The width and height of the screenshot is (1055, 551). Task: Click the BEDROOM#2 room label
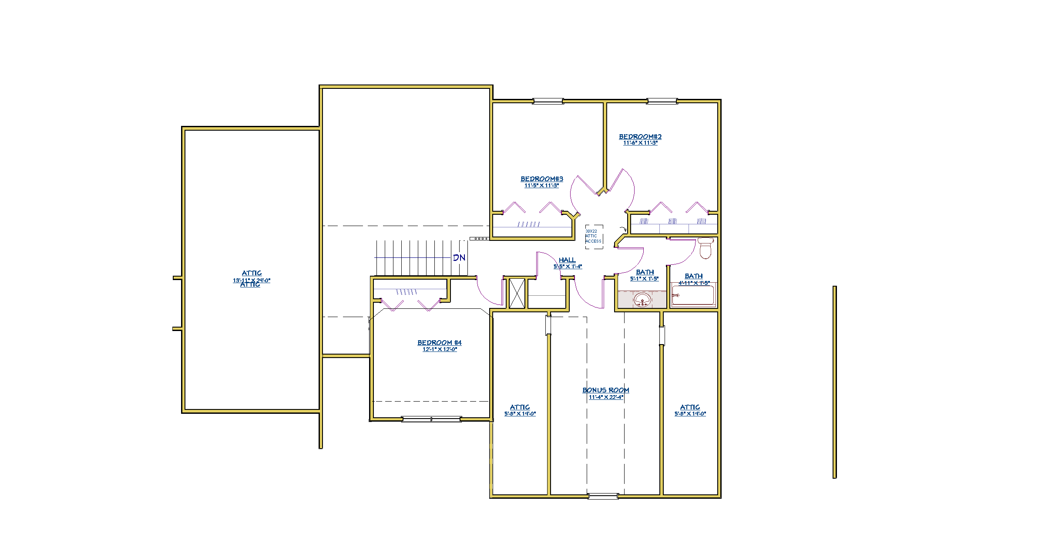coord(640,137)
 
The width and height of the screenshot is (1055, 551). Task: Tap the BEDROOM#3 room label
coord(542,179)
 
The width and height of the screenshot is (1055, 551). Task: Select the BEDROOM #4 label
coord(440,343)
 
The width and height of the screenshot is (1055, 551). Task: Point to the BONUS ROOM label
coord(606,390)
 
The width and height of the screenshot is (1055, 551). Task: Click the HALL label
coord(567,260)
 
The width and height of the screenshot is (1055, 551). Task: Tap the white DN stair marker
coord(459,258)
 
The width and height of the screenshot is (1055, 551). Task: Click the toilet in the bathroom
coord(705,247)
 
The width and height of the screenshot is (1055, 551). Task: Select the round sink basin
coord(642,300)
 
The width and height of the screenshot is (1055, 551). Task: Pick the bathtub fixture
coord(693,296)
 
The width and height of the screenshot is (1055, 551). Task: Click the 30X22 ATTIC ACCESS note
coord(593,236)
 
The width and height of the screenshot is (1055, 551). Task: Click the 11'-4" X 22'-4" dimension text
coord(606,397)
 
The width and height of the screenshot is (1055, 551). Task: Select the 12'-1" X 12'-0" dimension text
coord(440,349)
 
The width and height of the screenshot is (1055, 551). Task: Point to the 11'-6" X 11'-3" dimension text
coord(640,143)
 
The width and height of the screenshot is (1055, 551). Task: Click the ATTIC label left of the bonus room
coord(520,407)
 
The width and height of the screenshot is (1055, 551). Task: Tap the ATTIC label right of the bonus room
coord(690,407)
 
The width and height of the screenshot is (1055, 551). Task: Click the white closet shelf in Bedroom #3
coord(532,232)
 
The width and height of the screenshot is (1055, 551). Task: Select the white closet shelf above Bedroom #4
coord(410,284)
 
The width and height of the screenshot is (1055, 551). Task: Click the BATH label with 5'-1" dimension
coord(645,272)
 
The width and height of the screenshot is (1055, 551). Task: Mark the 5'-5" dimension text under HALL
coord(568,267)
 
